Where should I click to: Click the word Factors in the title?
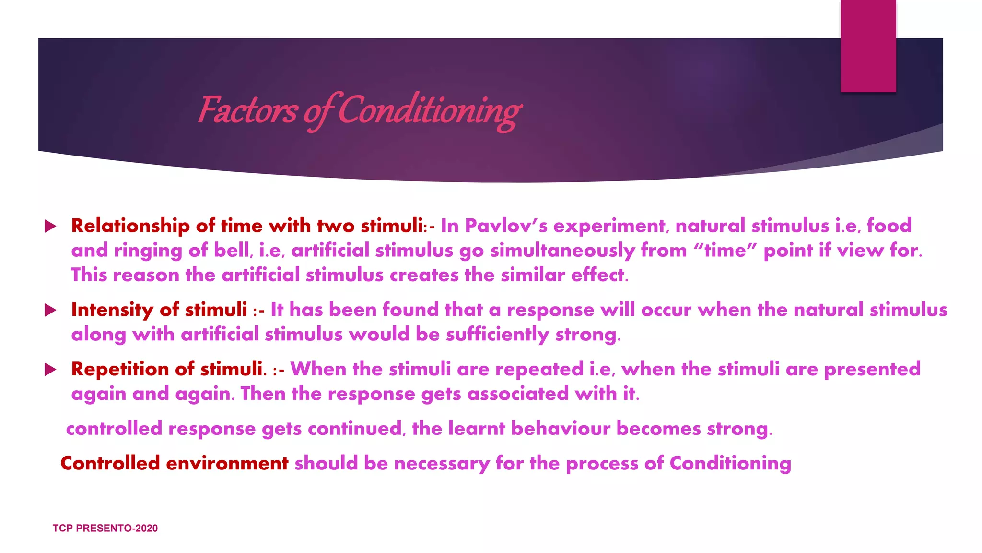pyautogui.click(x=247, y=110)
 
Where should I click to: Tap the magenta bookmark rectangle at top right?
pyautogui.click(x=868, y=46)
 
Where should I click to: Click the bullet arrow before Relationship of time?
pyautogui.click(x=50, y=226)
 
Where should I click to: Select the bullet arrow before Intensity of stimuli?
pyautogui.click(x=50, y=310)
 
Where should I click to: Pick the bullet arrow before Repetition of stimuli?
pyautogui.click(x=50, y=370)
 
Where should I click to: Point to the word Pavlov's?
pyautogui.click(x=506, y=226)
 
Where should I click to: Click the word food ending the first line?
pyautogui.click(x=889, y=226)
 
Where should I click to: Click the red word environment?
pyautogui.click(x=227, y=464)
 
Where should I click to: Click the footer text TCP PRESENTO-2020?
pyautogui.click(x=105, y=528)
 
